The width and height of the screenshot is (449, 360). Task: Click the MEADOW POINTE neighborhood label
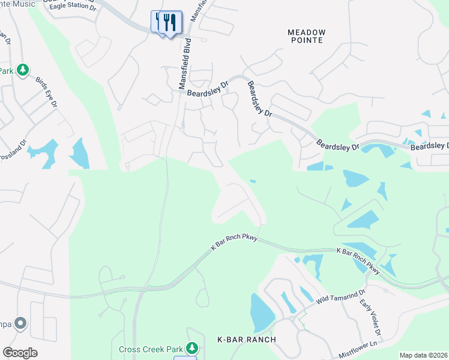coord(306,36)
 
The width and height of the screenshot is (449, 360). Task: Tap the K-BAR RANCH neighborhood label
coord(246,340)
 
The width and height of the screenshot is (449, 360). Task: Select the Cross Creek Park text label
coord(150,349)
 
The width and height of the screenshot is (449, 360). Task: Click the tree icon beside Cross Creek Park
coord(192,348)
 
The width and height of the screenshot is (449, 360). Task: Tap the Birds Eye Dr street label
coord(46,92)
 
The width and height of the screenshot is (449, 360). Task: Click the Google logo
coord(20,353)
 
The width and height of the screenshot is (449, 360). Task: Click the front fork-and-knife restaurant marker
coord(170,24)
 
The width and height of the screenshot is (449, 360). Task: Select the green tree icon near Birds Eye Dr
coord(23,71)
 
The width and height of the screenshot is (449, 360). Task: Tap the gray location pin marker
coord(20,324)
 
